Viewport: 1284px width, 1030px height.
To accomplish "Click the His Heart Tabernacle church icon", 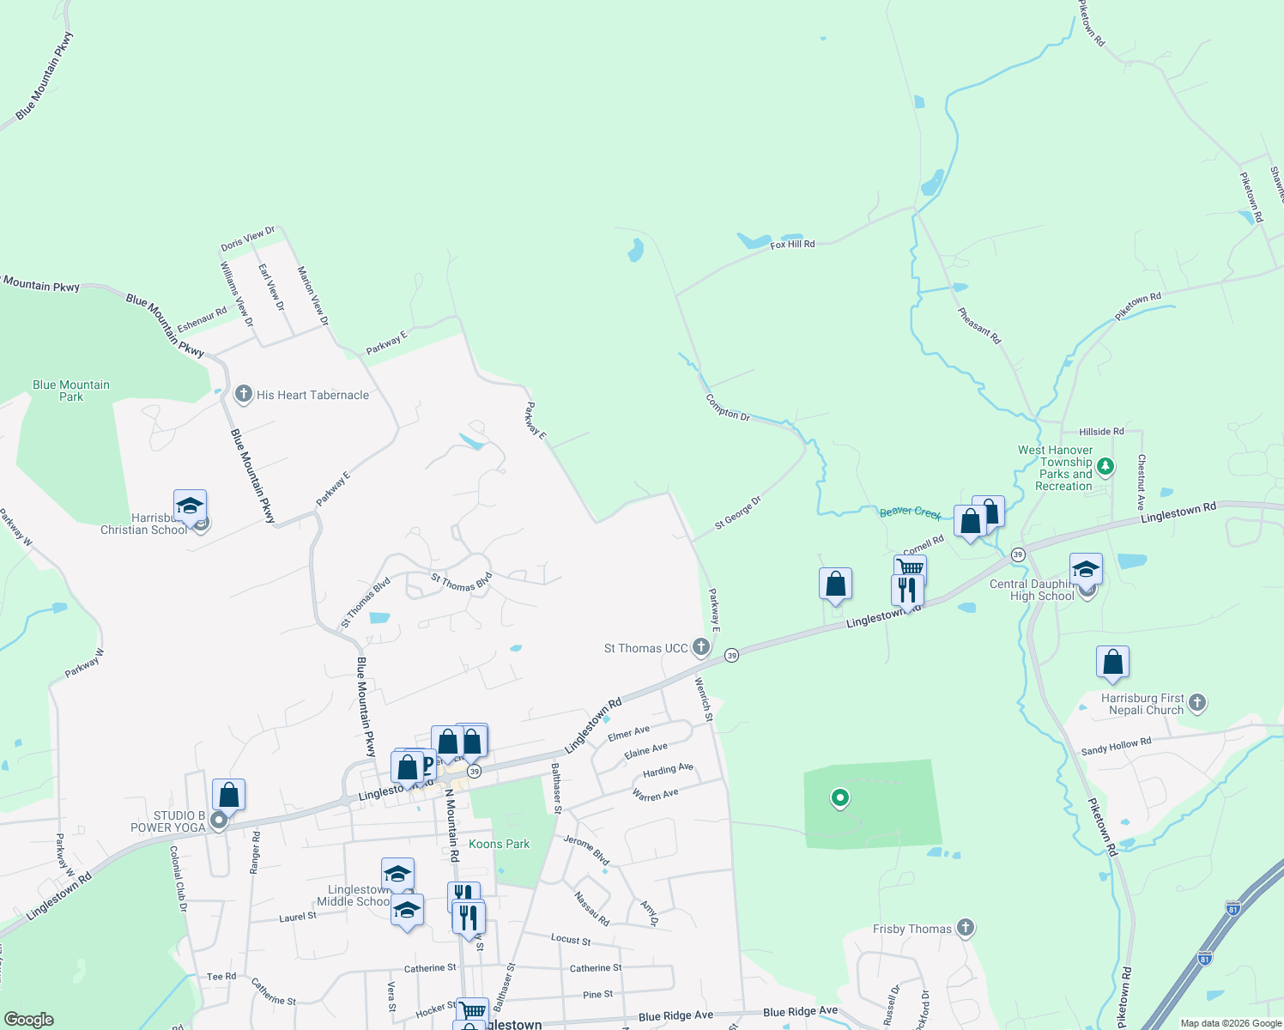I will click(243, 394).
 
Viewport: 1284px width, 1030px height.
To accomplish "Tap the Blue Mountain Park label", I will click(71, 391).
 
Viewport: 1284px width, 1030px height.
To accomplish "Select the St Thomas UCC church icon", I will click(701, 647).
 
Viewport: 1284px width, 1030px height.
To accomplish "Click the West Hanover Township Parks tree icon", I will click(1105, 467).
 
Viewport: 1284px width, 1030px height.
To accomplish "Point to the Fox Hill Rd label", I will click(792, 245).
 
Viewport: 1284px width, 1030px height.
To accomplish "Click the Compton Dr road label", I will click(727, 408).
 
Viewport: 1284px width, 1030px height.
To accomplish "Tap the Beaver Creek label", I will click(910, 512).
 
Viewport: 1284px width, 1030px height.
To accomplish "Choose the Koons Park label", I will click(499, 844).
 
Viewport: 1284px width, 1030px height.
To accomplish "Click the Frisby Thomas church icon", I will click(966, 928).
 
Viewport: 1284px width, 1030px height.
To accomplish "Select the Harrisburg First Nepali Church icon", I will click(1197, 704).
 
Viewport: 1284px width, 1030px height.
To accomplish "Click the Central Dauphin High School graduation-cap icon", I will click(1086, 569).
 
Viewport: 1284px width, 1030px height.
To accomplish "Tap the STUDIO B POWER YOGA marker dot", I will click(219, 821).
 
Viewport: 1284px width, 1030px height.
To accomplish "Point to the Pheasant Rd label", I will click(979, 326).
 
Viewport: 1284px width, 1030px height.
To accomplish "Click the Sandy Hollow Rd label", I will click(1116, 746).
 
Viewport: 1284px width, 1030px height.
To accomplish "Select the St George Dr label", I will click(738, 512).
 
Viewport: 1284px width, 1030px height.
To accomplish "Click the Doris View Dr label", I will click(247, 239).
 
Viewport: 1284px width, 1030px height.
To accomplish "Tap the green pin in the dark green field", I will click(840, 798).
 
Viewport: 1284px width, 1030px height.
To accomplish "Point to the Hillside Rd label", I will click(1101, 432).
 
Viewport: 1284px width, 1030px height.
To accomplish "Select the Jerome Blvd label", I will click(586, 850).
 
